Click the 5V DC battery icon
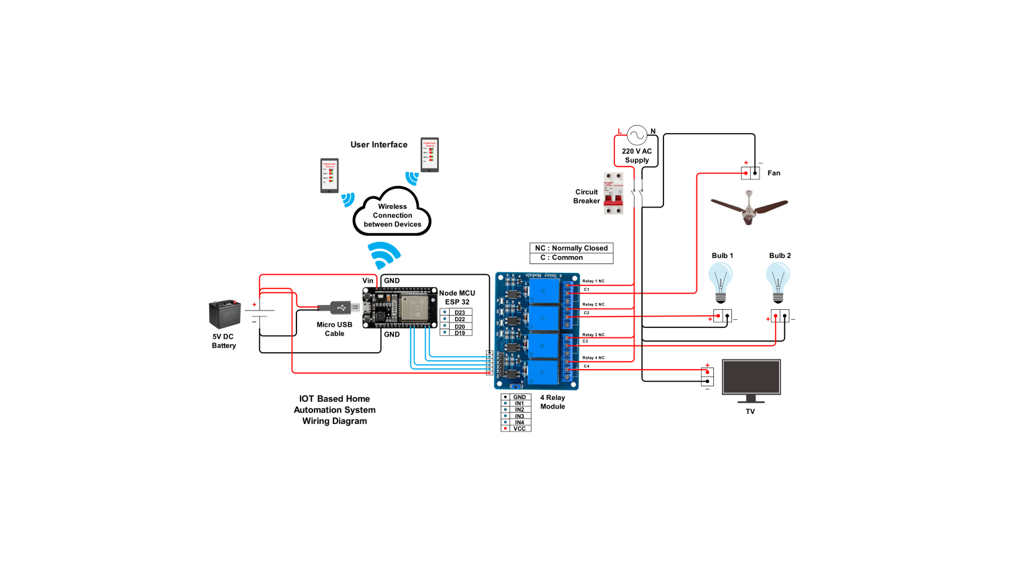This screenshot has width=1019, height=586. click(x=225, y=313)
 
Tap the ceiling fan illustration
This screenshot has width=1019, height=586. click(x=749, y=207)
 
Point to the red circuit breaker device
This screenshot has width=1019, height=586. click(x=613, y=194)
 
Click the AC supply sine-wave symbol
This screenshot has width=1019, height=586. click(x=637, y=136)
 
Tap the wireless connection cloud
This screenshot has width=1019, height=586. click(x=392, y=214)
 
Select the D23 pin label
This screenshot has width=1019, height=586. click(x=460, y=312)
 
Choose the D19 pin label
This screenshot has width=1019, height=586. click(x=460, y=333)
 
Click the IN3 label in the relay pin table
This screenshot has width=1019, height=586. click(x=520, y=416)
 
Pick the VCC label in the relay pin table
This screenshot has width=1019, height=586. click(x=520, y=429)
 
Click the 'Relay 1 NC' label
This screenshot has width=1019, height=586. click(x=593, y=281)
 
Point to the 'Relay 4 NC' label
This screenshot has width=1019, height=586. click(x=593, y=358)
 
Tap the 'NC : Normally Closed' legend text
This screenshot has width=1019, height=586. click(x=571, y=248)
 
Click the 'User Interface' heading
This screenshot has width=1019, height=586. click(x=378, y=144)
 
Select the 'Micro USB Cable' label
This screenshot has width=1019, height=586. click(x=334, y=329)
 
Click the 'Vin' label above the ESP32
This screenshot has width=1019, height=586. click(x=368, y=281)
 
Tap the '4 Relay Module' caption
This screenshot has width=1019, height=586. click(x=553, y=402)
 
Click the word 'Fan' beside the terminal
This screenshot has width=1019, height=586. click(x=774, y=173)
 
